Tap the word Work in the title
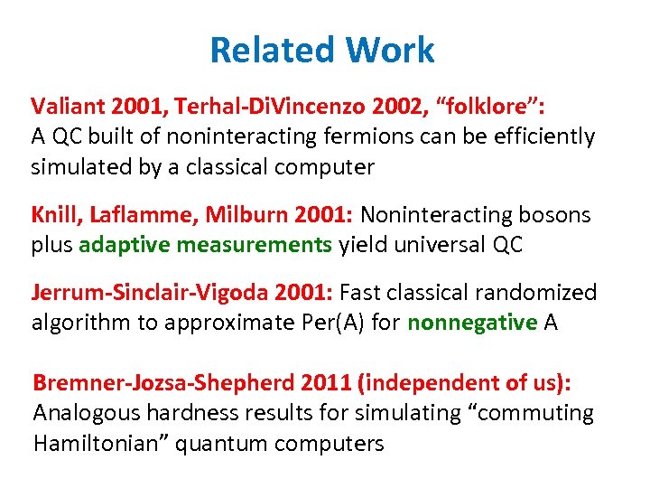[x=386, y=50]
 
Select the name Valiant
[x=67, y=107]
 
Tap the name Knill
[x=58, y=215]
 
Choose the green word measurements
[x=255, y=246]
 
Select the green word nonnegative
[x=472, y=324]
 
